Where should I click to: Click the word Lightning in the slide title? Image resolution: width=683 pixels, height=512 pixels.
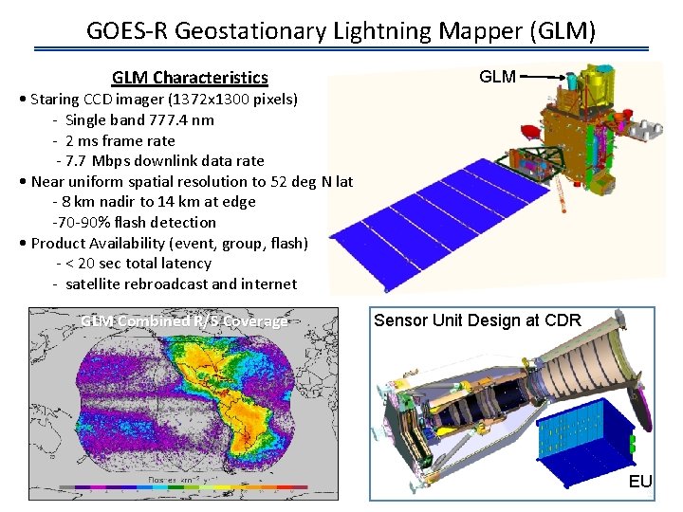(x=384, y=31)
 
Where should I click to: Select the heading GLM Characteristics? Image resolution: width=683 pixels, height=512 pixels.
(x=190, y=78)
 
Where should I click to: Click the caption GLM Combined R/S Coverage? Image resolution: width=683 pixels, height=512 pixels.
(x=184, y=321)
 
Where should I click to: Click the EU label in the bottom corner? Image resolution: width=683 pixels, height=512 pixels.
(x=640, y=482)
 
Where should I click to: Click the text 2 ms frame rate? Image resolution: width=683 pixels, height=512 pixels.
(x=120, y=140)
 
